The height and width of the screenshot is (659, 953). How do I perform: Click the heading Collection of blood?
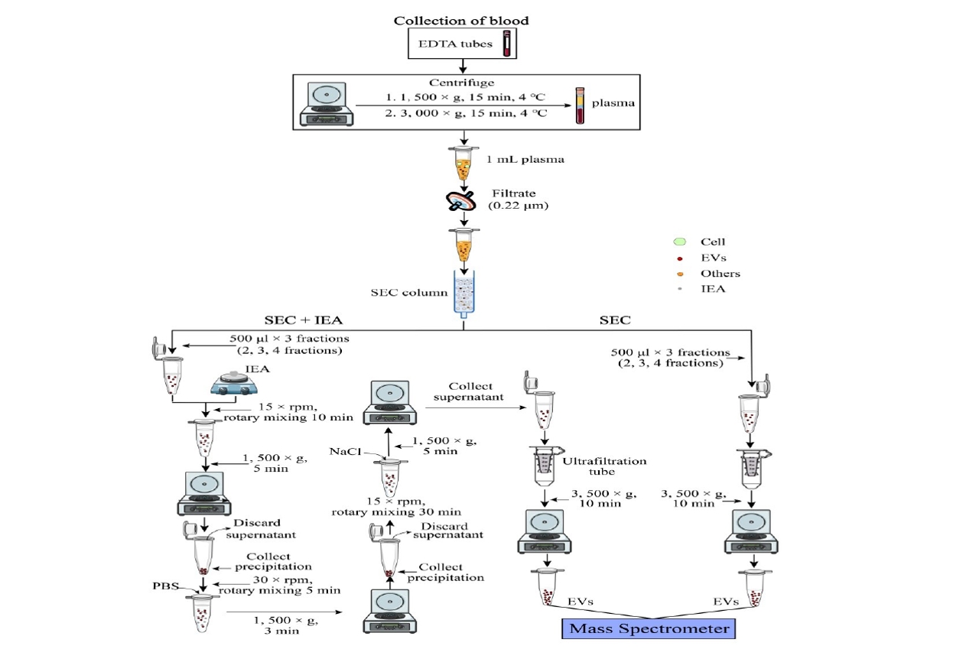click(461, 21)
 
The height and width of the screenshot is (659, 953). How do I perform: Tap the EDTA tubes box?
click(462, 44)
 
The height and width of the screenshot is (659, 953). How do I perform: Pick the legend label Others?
click(720, 273)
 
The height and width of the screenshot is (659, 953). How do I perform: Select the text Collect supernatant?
click(471, 392)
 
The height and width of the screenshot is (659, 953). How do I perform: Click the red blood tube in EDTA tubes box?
click(506, 44)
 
